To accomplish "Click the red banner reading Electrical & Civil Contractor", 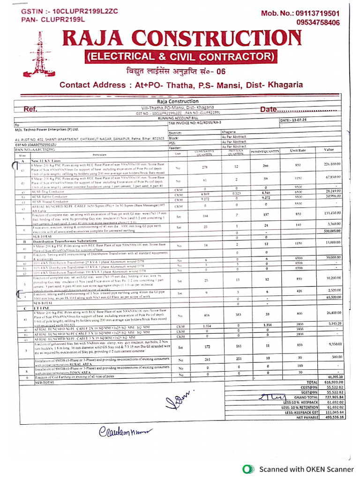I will [x=180, y=57].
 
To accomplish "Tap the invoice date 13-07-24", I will [x=305, y=120].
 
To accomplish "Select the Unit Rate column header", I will [x=298, y=150].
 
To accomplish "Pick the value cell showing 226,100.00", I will [x=332, y=164].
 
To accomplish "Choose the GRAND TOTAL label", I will [x=306, y=397].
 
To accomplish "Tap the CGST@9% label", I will [x=308, y=387].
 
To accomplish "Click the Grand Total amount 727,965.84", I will [x=334, y=397].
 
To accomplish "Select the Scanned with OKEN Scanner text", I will [x=307, y=469].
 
